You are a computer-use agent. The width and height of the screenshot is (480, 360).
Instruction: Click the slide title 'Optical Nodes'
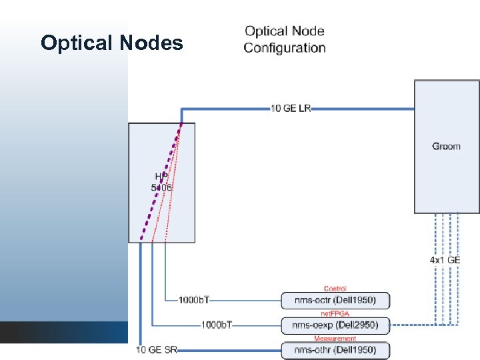(x=111, y=43)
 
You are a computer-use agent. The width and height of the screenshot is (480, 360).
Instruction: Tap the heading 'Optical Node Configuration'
(x=285, y=39)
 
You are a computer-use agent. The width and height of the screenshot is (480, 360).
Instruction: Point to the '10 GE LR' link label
(x=291, y=108)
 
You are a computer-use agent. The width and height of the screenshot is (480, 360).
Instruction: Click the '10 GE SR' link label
(x=157, y=349)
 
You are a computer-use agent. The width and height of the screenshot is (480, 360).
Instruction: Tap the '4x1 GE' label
(x=445, y=260)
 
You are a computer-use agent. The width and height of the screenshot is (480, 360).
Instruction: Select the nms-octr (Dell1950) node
(x=335, y=301)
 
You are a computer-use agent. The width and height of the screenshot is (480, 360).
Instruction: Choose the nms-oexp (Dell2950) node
(x=335, y=325)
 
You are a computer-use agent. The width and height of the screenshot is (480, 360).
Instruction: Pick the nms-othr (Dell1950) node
(x=335, y=349)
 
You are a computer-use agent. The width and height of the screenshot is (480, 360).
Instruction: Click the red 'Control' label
(x=335, y=289)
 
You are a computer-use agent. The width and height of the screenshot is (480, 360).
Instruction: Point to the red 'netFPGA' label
(x=335, y=313)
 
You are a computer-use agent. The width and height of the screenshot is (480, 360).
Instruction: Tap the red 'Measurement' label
(x=335, y=338)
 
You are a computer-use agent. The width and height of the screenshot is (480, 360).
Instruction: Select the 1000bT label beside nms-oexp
(x=217, y=325)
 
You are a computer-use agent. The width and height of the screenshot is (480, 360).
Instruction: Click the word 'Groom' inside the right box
(x=446, y=146)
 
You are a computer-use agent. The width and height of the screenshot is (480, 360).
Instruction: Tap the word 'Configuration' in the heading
(x=285, y=48)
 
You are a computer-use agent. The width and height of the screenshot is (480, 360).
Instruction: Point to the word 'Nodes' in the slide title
(x=152, y=43)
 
